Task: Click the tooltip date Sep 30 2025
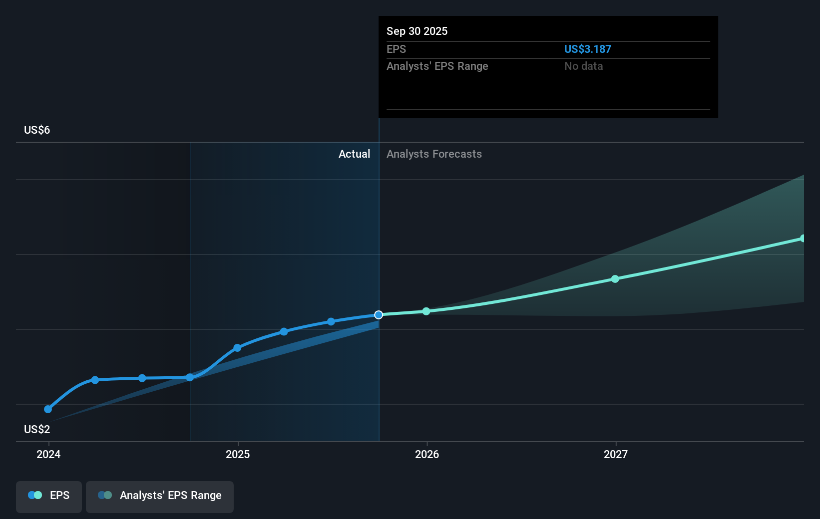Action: click(x=417, y=31)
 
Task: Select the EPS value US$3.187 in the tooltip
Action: click(x=587, y=49)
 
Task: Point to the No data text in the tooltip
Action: click(x=583, y=66)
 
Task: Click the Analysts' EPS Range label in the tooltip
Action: click(x=437, y=66)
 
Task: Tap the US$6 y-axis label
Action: click(x=37, y=130)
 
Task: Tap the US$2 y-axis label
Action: click(x=37, y=429)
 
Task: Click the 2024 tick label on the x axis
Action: click(x=48, y=454)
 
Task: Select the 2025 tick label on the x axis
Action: click(x=238, y=454)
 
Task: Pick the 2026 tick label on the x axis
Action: click(x=427, y=454)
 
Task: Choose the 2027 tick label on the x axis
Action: click(x=616, y=454)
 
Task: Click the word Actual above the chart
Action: click(x=354, y=154)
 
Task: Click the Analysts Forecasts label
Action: click(x=434, y=154)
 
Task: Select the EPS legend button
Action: click(x=49, y=496)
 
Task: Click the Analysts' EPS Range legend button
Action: click(x=160, y=496)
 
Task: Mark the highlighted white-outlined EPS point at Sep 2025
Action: click(x=379, y=314)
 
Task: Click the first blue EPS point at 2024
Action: click(x=48, y=409)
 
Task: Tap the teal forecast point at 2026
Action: click(x=426, y=311)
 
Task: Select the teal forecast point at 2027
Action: click(x=615, y=279)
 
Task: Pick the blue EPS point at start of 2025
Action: click(x=237, y=348)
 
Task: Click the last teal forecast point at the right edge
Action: click(x=803, y=239)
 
